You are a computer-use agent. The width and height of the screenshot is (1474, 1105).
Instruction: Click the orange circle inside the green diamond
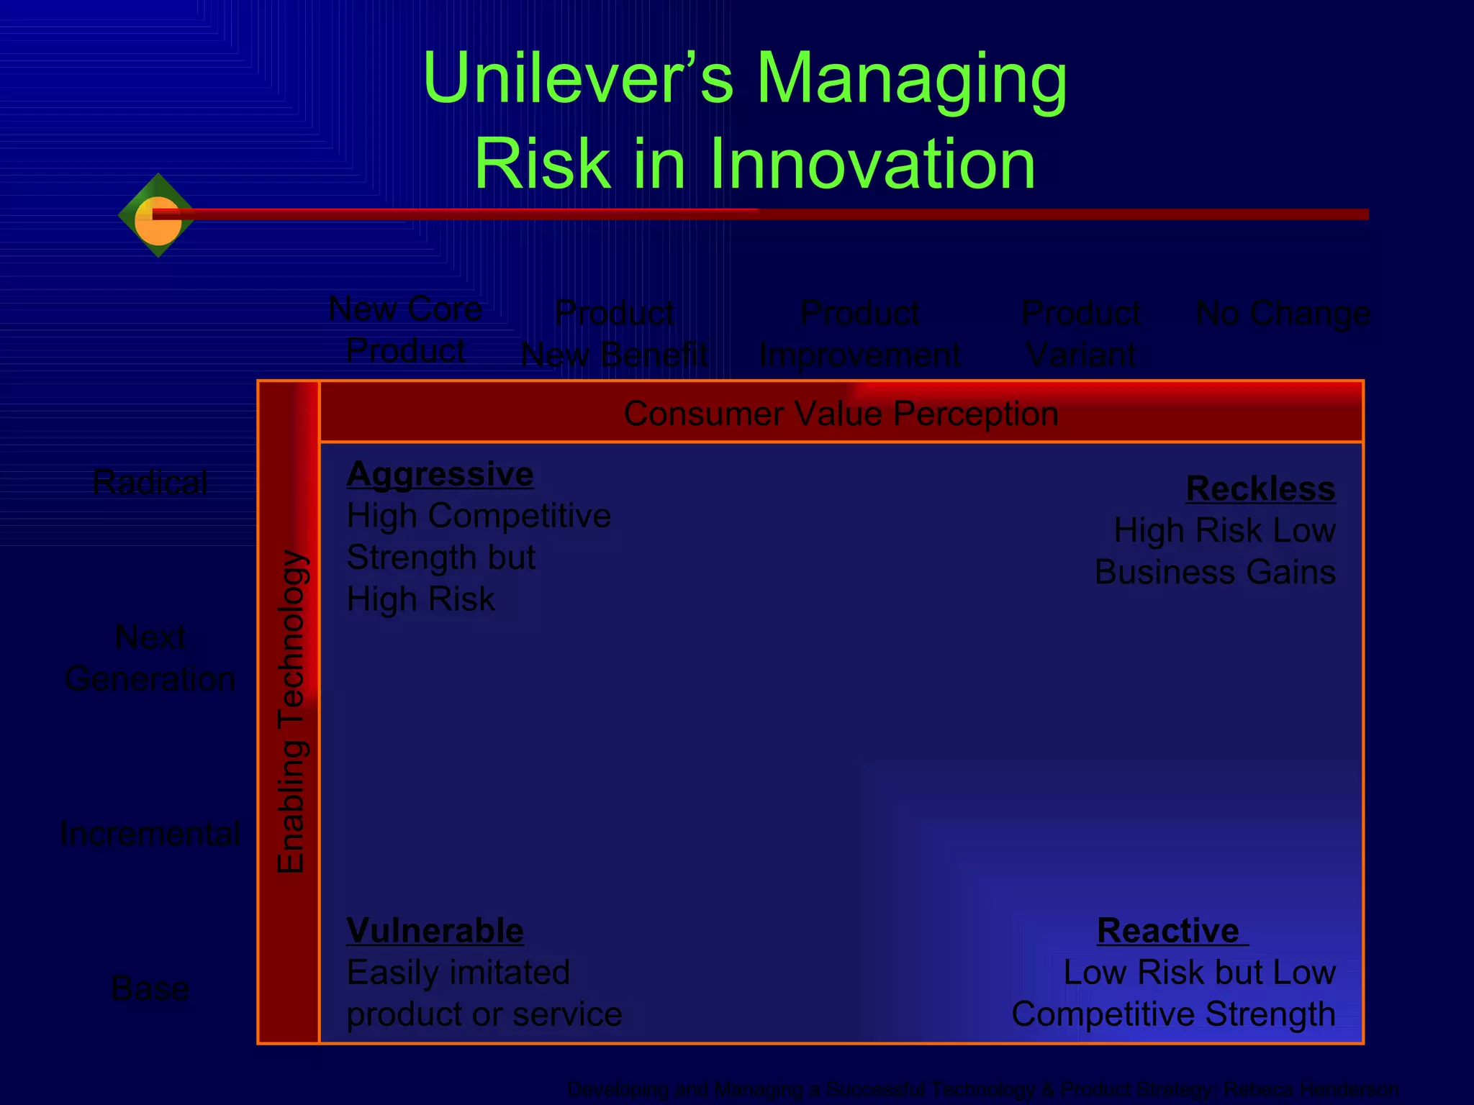(x=158, y=222)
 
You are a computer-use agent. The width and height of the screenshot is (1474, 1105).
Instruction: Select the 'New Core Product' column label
(x=405, y=329)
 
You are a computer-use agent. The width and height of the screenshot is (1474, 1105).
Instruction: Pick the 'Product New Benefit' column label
(x=615, y=334)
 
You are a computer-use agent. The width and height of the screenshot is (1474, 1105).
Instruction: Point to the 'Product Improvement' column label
(x=859, y=334)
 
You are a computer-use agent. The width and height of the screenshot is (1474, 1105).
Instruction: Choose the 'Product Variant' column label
(x=1080, y=334)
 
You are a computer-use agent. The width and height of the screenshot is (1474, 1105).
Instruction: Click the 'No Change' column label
(x=1283, y=314)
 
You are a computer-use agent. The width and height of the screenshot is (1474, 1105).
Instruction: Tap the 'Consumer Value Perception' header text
(x=841, y=414)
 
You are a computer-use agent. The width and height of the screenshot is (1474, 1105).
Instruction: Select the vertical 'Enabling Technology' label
(x=291, y=712)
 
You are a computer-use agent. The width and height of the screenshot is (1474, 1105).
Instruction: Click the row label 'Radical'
(x=150, y=483)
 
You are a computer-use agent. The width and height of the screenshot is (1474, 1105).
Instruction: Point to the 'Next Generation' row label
(x=150, y=658)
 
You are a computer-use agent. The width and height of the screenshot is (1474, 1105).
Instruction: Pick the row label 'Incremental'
(x=150, y=834)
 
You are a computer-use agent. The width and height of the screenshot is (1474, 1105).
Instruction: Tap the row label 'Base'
(x=150, y=988)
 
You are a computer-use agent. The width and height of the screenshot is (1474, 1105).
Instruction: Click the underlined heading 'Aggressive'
(x=440, y=475)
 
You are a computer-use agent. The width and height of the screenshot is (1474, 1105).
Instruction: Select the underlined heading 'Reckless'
(x=1260, y=489)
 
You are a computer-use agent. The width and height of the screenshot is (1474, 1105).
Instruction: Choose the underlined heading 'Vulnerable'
(x=435, y=931)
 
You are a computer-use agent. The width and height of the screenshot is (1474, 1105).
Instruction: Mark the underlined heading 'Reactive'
(x=1168, y=931)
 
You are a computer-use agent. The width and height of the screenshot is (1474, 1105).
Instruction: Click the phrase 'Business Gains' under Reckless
(x=1215, y=573)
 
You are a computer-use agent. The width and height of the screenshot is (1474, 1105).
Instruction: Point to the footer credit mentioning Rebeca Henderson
(x=982, y=1089)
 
